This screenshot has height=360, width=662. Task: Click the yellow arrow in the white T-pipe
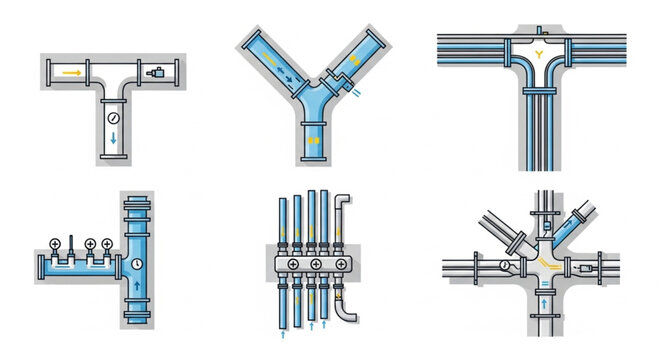(x=71, y=72)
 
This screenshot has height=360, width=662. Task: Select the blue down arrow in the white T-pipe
(x=113, y=139)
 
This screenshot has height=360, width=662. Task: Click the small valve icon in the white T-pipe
(x=155, y=72)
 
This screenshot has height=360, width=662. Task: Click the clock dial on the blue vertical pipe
(x=136, y=264)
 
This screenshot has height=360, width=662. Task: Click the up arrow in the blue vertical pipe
(x=136, y=295)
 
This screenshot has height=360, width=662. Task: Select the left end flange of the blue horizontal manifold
(x=41, y=267)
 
